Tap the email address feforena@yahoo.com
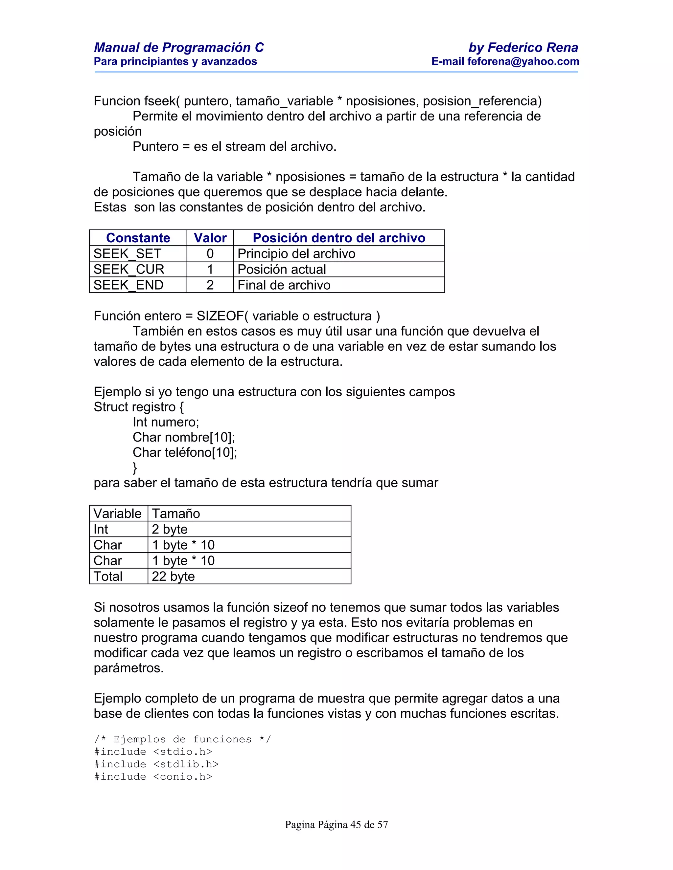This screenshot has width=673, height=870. click(523, 61)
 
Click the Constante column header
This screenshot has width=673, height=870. click(138, 238)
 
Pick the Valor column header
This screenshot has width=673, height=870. click(210, 238)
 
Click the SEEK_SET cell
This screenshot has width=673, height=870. click(127, 254)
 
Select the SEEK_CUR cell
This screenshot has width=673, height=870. click(128, 269)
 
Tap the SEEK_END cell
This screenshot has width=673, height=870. click(128, 285)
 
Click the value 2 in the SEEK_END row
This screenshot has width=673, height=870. click(210, 285)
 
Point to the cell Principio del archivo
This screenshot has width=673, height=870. click(296, 254)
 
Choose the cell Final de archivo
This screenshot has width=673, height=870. click(284, 285)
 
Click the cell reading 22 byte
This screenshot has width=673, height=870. click(173, 576)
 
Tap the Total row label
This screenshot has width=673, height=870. click(108, 576)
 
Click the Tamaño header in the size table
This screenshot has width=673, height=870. click(176, 513)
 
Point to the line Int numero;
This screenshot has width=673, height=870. click(166, 422)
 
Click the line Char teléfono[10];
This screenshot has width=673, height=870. click(185, 452)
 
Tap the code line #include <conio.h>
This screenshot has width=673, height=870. click(153, 776)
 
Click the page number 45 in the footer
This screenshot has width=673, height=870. click(356, 825)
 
